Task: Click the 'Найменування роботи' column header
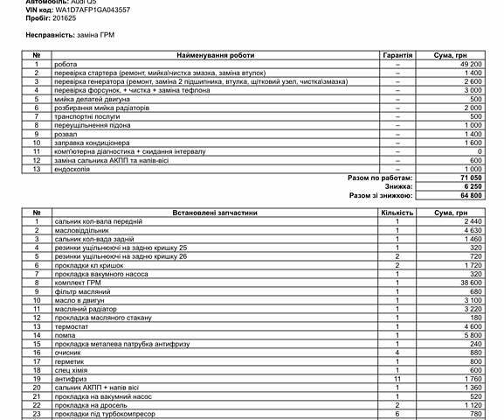[x=217, y=54]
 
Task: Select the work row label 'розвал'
[x=65, y=134]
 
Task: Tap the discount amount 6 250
[x=473, y=186]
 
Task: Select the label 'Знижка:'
[x=400, y=186]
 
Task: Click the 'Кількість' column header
[x=397, y=213]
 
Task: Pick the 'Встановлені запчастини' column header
[x=217, y=213]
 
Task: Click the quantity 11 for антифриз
[x=397, y=378]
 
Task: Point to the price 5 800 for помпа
[x=473, y=335]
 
